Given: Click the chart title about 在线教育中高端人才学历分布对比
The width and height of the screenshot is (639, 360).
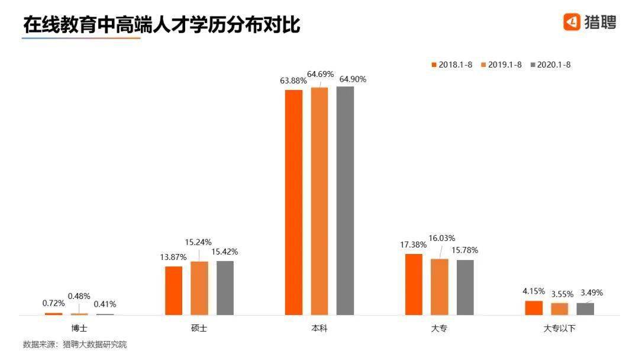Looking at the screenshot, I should click(162, 24).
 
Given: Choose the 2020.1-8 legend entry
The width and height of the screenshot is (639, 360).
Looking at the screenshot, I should click(554, 65).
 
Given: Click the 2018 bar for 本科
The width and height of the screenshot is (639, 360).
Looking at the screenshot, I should click(294, 202).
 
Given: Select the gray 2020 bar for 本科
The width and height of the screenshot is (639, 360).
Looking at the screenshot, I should click(345, 201).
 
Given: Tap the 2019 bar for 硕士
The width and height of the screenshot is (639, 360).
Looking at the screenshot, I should click(199, 288).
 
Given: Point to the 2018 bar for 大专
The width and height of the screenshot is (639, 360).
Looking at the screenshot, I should click(414, 284).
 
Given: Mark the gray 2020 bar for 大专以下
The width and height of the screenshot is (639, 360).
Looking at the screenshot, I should click(585, 308).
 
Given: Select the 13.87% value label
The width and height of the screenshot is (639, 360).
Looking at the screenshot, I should click(174, 257).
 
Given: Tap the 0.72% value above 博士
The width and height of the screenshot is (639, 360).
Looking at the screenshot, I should click(54, 303).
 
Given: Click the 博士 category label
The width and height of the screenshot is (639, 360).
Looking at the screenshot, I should click(79, 327).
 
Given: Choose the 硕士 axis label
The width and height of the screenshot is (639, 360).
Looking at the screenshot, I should click(199, 327).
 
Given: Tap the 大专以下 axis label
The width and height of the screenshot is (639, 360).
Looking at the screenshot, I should click(559, 327).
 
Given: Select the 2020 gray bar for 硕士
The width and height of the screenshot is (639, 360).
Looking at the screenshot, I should click(225, 288).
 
